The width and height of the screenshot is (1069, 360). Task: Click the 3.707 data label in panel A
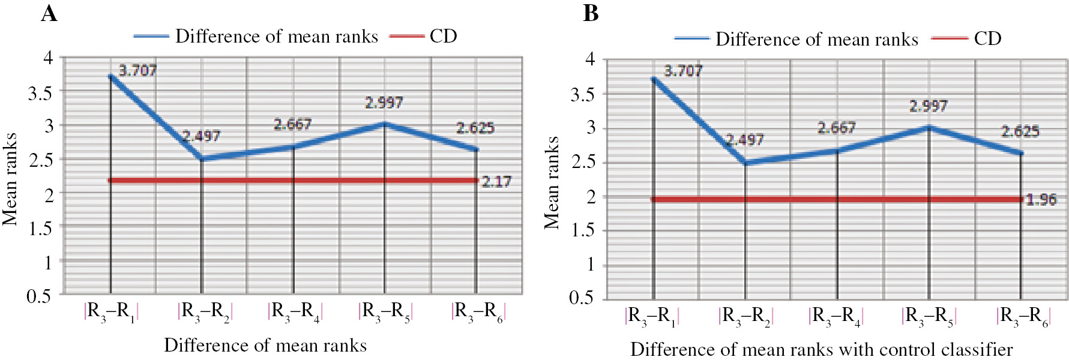(137, 71)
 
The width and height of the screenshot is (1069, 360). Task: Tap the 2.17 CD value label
(496, 182)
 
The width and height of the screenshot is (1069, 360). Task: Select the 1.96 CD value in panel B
(1041, 200)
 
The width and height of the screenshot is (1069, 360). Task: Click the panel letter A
(49, 13)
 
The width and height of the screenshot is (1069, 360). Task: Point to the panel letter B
(591, 13)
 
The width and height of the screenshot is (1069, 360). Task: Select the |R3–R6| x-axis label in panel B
(1023, 316)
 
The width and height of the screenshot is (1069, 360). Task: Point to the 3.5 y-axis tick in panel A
(40, 93)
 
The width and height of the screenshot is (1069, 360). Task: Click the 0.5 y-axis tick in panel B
(581, 298)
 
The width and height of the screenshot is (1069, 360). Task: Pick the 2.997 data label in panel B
(928, 106)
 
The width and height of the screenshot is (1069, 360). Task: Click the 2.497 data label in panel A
(201, 136)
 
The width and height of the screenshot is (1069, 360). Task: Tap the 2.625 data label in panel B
(1020, 131)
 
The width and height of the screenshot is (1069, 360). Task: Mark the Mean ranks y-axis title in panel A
(10, 179)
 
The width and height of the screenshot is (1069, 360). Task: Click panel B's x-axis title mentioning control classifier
(821, 349)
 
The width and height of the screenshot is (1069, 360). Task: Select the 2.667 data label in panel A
(292, 124)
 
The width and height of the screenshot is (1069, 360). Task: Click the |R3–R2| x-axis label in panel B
(745, 316)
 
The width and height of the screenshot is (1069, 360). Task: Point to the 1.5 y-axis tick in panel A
(40, 229)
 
